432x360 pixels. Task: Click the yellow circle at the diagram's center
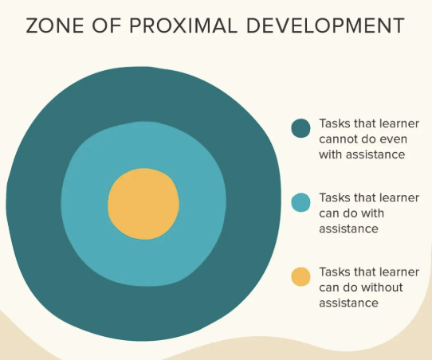(143, 204)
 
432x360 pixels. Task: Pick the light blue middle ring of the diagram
(88, 204)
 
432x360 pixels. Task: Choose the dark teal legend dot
(300, 127)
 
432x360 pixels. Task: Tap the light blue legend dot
(300, 202)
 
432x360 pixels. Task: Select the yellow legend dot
(300, 276)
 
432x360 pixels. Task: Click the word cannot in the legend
(337, 139)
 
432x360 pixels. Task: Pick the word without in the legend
(383, 288)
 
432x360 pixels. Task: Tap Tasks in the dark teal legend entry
(335, 124)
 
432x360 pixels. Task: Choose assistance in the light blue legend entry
(348, 229)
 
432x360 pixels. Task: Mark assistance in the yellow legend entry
(348, 303)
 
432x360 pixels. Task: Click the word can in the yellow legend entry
(329, 288)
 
